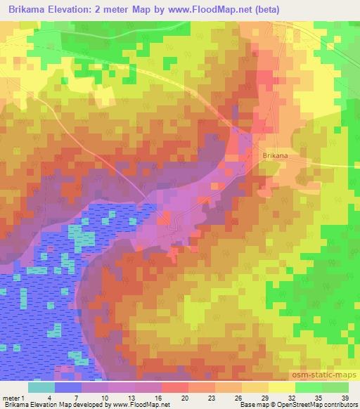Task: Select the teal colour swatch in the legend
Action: coord(41,387)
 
